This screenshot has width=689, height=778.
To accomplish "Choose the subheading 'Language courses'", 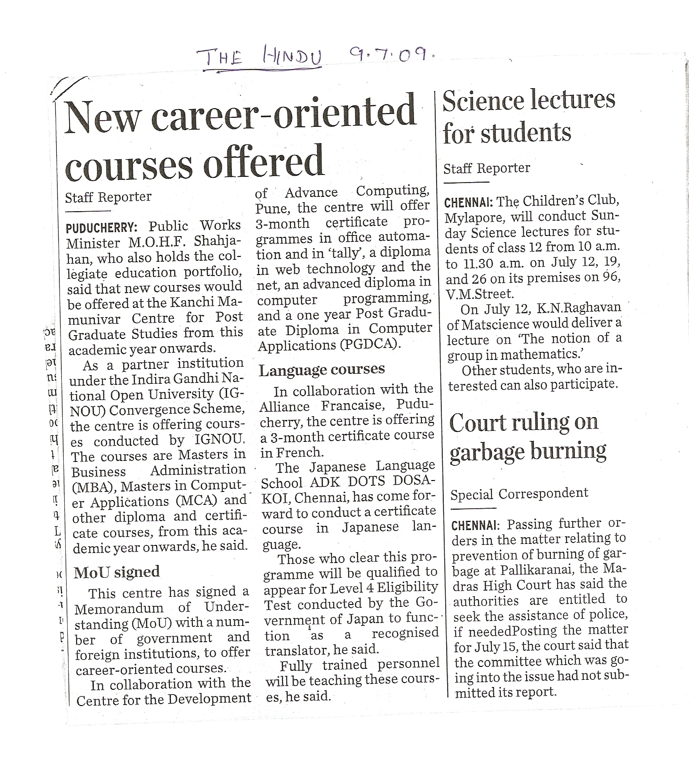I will pos(321,369).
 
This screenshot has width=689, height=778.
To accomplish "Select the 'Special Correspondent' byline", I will pos(519,493).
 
